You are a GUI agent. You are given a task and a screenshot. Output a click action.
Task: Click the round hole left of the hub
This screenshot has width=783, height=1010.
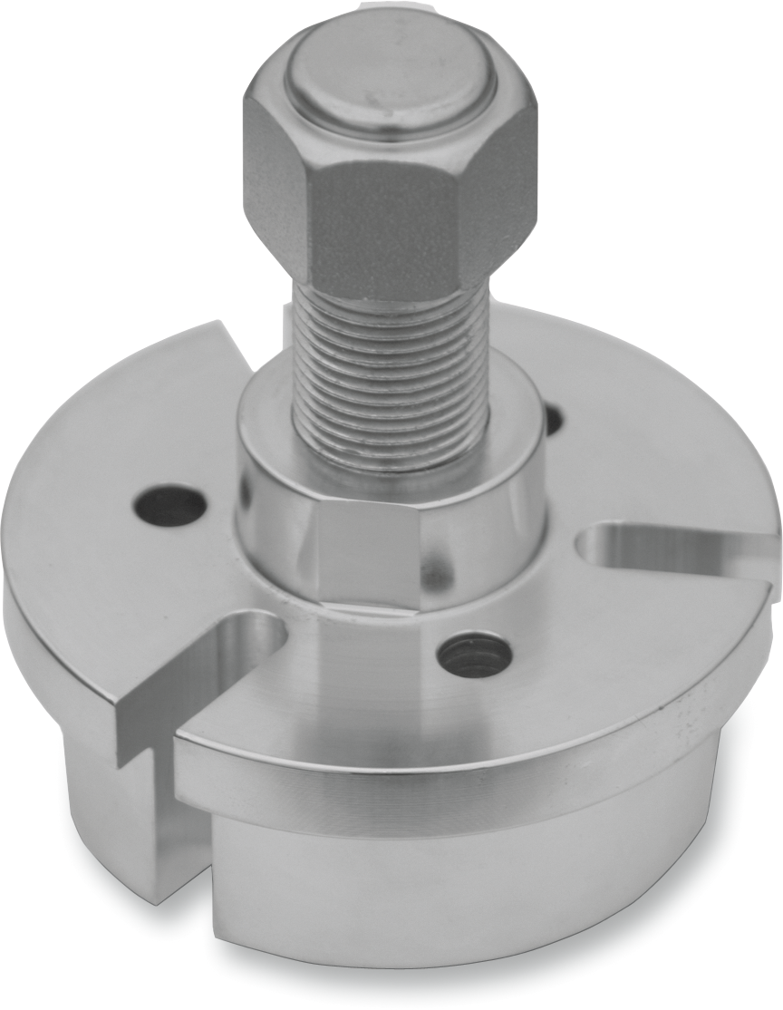point(170,506)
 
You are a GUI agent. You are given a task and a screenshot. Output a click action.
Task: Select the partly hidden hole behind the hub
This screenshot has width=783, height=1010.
point(552,420)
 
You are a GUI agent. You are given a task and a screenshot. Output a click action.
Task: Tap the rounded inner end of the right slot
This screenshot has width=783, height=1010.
point(598,548)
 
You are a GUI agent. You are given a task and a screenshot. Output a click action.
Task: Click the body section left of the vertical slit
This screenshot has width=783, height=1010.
point(100,771)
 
